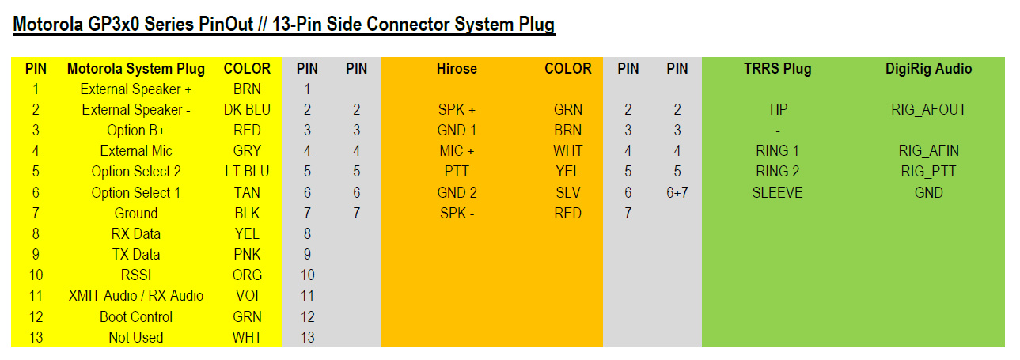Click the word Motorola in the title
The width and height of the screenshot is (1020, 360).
pos(47,24)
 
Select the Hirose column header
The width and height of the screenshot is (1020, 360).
pos(457,68)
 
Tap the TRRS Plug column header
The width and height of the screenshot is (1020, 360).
pos(777,68)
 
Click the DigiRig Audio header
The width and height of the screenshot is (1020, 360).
pos(928,68)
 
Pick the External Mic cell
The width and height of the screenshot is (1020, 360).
pos(136,150)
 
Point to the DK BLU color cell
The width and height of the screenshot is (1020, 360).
pos(247,110)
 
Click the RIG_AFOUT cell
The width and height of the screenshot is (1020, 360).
pos(928,110)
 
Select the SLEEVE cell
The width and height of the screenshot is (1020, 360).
pos(777,192)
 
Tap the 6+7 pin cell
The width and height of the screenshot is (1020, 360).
pos(677,192)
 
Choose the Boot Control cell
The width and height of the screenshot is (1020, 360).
pos(136,316)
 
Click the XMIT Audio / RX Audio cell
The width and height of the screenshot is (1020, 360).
pos(136,296)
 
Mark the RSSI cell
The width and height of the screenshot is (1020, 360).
pos(136,275)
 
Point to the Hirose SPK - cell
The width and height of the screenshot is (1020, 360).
pos(457,213)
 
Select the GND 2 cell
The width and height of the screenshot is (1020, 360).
pos(457,192)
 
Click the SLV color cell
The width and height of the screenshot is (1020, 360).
pos(568,192)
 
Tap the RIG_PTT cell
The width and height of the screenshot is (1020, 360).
pos(928,172)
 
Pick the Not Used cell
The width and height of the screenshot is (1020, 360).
pos(136,337)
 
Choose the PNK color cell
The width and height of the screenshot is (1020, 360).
pos(247,255)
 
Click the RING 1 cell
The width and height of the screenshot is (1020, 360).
pos(777,150)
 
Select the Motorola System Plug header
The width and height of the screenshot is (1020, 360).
pos(136,68)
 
